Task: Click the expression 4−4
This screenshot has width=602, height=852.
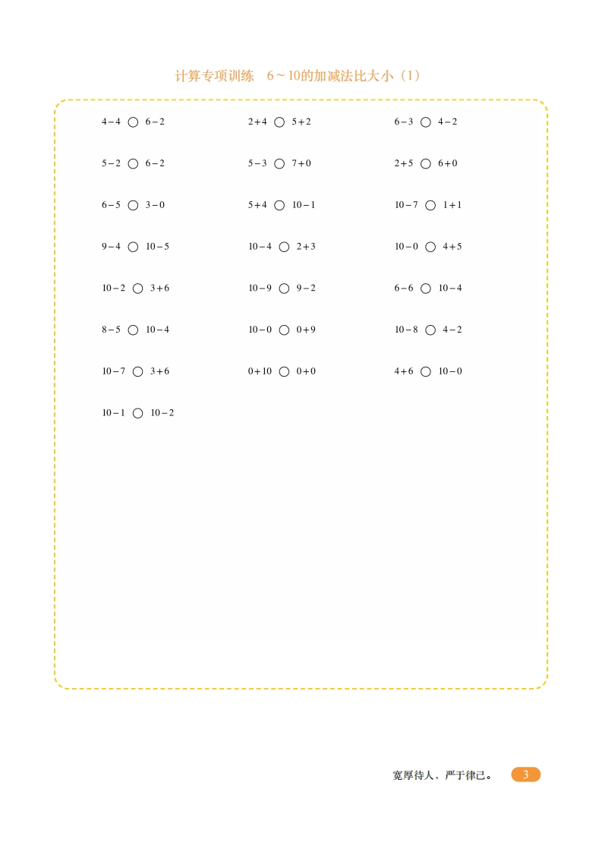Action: click(x=111, y=121)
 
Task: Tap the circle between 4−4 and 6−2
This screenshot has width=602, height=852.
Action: click(x=133, y=121)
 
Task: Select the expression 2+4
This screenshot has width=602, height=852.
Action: click(x=257, y=121)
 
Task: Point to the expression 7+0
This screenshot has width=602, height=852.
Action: click(x=301, y=163)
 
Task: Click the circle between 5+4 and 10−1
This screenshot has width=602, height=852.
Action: click(x=279, y=205)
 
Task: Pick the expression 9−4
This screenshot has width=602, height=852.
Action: click(x=111, y=247)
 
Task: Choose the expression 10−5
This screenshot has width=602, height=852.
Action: click(x=157, y=247)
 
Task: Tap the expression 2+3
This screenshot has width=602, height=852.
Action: click(x=306, y=247)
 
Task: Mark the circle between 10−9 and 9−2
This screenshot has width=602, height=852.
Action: click(x=284, y=289)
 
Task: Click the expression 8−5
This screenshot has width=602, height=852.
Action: click(x=111, y=330)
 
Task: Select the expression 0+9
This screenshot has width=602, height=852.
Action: click(x=306, y=330)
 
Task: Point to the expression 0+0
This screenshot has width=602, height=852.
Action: click(x=306, y=371)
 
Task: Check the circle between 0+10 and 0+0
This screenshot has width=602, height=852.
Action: click(x=284, y=371)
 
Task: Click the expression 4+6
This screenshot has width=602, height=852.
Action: click(x=404, y=371)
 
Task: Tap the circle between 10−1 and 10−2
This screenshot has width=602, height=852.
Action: click(x=137, y=413)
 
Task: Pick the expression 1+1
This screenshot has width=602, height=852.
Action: click(x=452, y=205)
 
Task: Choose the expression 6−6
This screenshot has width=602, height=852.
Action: click(x=404, y=289)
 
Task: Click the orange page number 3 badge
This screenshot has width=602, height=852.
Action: click(x=525, y=775)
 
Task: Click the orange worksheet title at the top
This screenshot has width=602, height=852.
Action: click(x=298, y=76)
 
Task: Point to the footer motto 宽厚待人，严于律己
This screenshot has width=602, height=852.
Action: click(x=442, y=775)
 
